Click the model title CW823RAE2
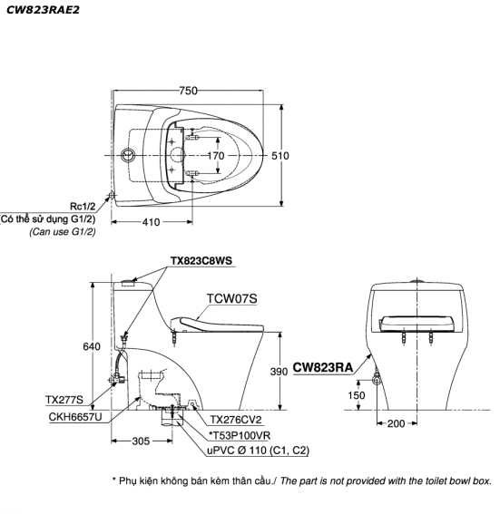(43, 10)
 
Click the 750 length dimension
(189, 91)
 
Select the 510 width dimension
(280, 156)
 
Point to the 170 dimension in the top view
(216, 156)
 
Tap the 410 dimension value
(151, 222)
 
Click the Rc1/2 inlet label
(83, 207)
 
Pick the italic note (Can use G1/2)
(63, 232)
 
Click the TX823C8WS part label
(201, 261)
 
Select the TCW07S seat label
(231, 298)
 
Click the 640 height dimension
(92, 346)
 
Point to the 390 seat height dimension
(279, 372)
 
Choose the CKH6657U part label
(75, 417)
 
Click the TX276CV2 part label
(236, 420)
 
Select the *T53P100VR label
(240, 436)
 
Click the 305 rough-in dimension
(141, 441)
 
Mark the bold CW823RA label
(323, 367)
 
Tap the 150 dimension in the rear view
(357, 395)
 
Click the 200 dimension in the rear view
(396, 423)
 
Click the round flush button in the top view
(128, 155)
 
